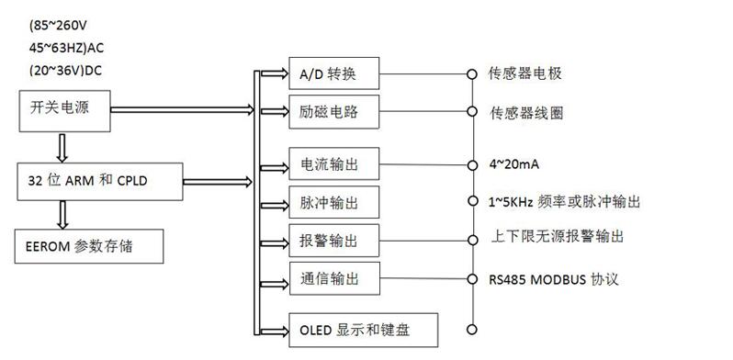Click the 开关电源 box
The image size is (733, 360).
64,111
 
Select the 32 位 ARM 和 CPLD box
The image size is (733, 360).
100,182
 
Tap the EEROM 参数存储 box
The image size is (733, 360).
89,246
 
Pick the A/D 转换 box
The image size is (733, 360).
334,73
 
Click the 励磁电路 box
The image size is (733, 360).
334,112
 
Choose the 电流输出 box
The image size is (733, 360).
334,163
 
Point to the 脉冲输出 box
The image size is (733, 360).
334,202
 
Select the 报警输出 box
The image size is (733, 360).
334,241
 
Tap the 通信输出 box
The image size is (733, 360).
334,278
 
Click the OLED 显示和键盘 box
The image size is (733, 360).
363,330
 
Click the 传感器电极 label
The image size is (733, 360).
525,73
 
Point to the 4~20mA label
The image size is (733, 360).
514,164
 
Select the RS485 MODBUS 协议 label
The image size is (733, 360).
554,279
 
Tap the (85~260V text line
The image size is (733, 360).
58,26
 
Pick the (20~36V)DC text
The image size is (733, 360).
65,71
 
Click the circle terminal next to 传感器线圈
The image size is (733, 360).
472,111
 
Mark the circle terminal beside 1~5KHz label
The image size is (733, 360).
472,200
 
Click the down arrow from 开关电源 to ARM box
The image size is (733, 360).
62,147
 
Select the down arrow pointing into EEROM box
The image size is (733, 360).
62,215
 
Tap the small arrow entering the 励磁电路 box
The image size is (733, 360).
274,111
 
